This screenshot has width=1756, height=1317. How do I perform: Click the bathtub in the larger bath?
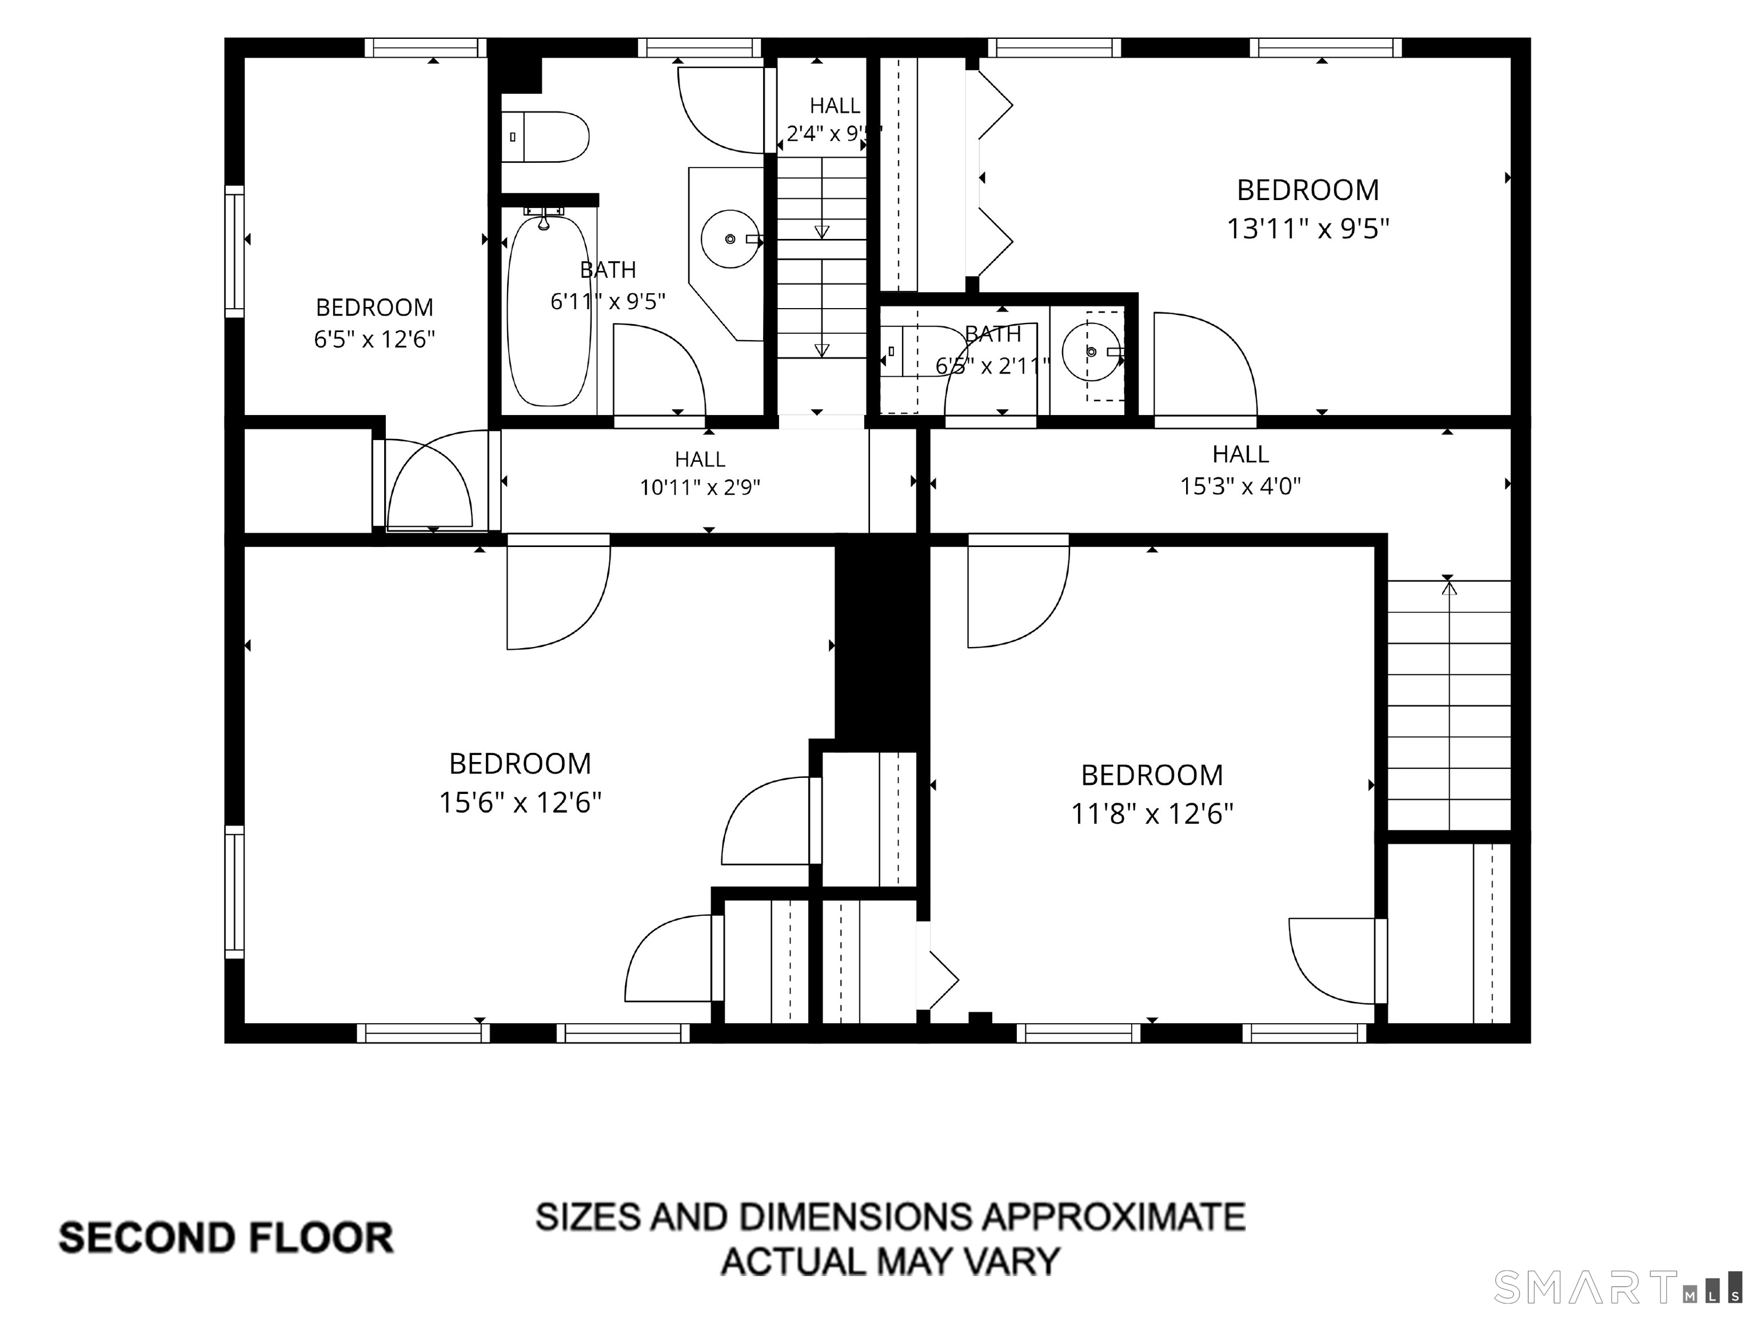549,310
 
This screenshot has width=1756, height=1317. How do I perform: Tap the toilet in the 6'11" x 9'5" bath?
545,137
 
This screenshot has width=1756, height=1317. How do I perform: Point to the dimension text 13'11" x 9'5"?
1308,229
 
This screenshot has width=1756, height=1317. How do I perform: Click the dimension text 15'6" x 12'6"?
520,803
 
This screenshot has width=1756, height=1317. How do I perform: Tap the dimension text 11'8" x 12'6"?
1152,814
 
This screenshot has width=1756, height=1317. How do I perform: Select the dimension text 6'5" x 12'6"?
375,340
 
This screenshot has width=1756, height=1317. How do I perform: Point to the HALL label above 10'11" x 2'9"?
700,459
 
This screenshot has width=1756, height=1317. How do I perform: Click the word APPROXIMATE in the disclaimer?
1111,1217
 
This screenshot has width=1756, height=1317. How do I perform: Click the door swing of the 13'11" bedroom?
1204,364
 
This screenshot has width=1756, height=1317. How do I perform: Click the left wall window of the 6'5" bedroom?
234,251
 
